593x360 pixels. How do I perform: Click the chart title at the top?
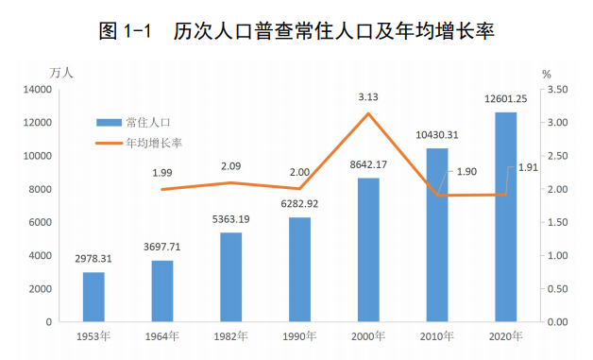296,31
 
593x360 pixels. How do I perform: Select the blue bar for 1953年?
93,297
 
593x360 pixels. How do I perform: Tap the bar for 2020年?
505,217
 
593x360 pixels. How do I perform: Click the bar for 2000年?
368,249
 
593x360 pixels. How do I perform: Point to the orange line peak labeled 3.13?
368,113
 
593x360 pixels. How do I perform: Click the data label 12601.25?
505,99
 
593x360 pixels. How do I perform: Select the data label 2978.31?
93,258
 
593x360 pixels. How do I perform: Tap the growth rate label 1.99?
161,173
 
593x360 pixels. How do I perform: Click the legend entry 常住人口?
142,122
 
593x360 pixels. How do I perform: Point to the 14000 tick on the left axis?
38,90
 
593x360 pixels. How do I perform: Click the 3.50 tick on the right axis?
556,90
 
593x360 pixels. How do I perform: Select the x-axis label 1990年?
299,335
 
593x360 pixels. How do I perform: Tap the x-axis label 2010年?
436,335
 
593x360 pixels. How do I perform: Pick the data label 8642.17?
368,164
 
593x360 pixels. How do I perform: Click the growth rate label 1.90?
466,172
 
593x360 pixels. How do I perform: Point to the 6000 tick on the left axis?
41,222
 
